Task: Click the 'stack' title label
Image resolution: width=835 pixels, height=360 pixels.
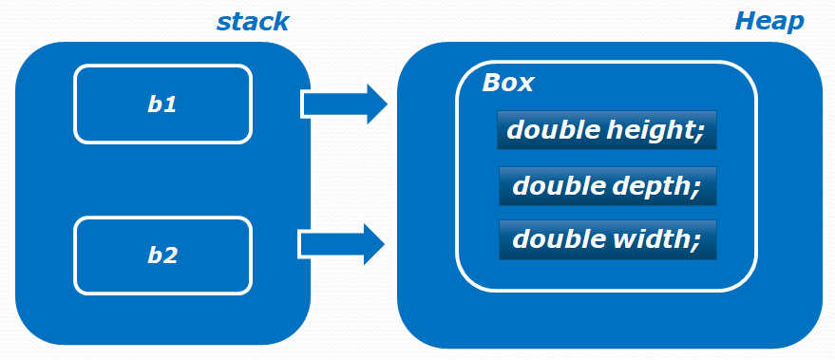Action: (x=252, y=21)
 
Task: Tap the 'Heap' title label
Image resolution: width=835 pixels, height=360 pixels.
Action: (x=769, y=21)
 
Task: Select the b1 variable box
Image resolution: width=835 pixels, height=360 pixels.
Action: (x=163, y=104)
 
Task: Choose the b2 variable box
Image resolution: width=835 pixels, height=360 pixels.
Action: (x=163, y=256)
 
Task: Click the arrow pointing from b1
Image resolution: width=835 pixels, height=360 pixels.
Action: (x=343, y=104)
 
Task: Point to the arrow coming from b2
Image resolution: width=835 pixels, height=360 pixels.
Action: (x=341, y=245)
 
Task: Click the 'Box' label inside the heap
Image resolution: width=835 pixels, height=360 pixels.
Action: (x=508, y=83)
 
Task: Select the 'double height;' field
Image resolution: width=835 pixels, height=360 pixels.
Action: (x=606, y=130)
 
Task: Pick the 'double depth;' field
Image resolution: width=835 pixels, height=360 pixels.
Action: (x=606, y=186)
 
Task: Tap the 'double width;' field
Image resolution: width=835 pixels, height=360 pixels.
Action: (x=606, y=240)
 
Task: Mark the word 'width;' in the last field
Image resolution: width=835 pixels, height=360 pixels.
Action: (x=659, y=240)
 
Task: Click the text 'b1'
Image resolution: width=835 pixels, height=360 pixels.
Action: (x=162, y=104)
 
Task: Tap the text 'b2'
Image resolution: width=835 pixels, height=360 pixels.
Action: (x=162, y=256)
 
